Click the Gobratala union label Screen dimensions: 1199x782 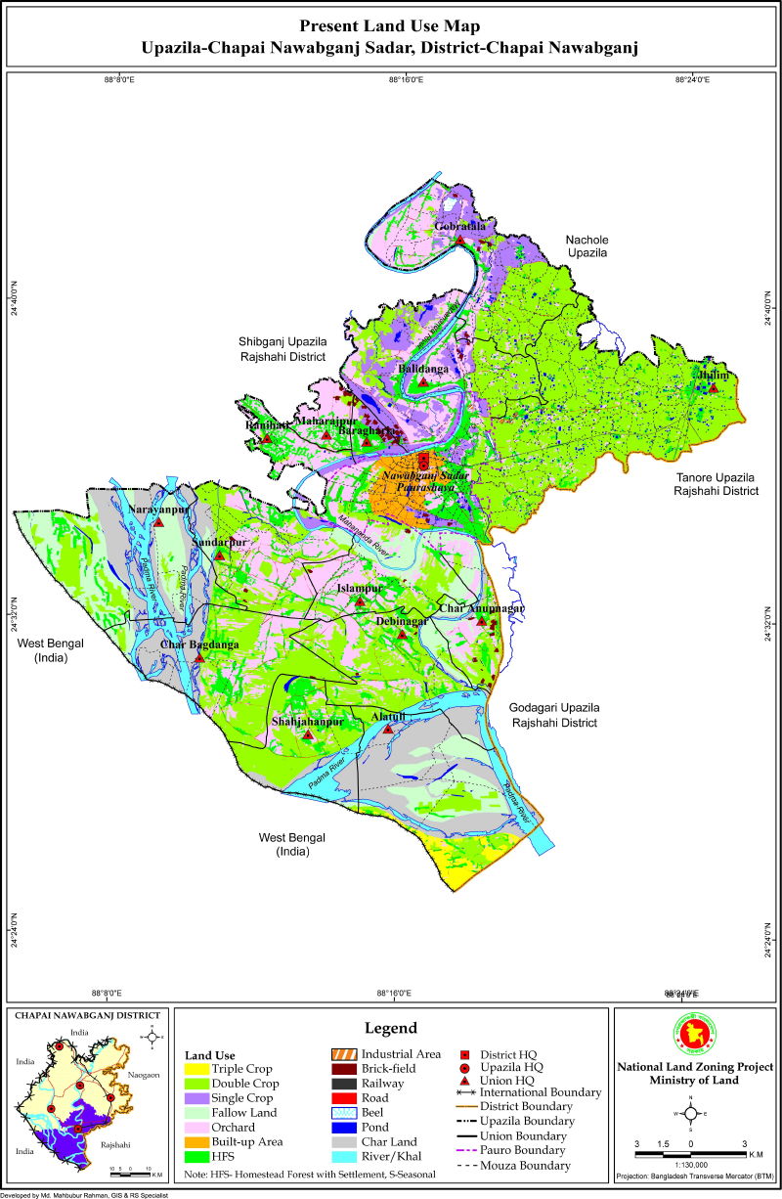tap(460, 227)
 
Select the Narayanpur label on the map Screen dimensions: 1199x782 tap(158, 510)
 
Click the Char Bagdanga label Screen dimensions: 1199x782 tap(199, 644)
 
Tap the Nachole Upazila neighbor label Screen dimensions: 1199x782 tap(586, 245)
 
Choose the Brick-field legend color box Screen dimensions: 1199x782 tap(343, 1069)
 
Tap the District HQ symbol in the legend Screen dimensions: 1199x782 tap(465, 1054)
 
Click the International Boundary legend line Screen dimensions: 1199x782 tap(465, 1091)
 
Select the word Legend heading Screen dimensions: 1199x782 tap(391, 1028)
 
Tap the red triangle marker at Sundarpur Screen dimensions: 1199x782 tap(220, 555)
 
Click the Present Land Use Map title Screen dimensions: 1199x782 tap(391, 27)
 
